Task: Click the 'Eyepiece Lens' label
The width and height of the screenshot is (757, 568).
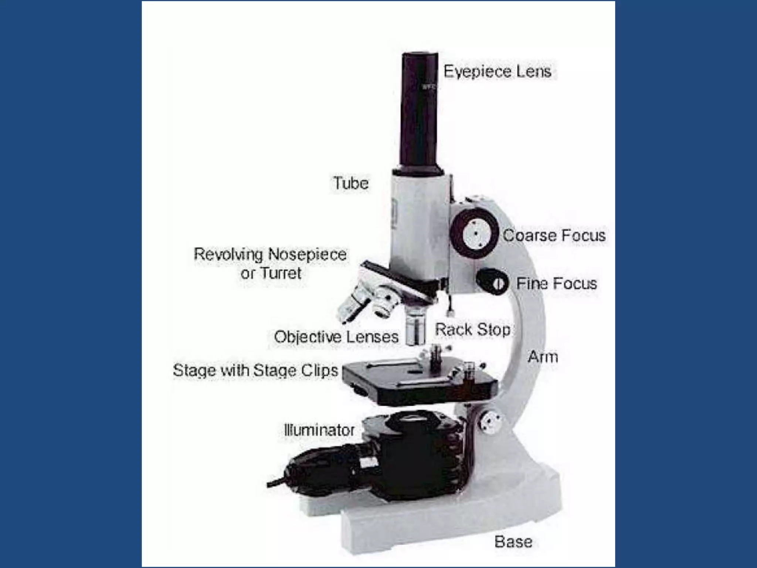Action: [x=497, y=71]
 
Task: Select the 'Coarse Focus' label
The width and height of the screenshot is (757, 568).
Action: [x=554, y=236]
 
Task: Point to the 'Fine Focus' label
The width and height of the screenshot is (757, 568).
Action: [x=556, y=284]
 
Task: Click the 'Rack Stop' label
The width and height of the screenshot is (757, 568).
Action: [x=472, y=329]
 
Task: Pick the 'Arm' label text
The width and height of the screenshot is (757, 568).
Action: [x=543, y=357]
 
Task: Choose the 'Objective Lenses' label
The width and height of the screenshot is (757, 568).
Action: [x=336, y=337]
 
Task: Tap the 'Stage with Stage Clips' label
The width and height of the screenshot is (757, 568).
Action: [x=255, y=371]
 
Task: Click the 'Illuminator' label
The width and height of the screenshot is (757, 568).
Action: [x=319, y=430]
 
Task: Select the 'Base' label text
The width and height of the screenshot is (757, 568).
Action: [x=513, y=542]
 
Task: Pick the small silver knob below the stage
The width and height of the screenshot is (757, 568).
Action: [x=490, y=422]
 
